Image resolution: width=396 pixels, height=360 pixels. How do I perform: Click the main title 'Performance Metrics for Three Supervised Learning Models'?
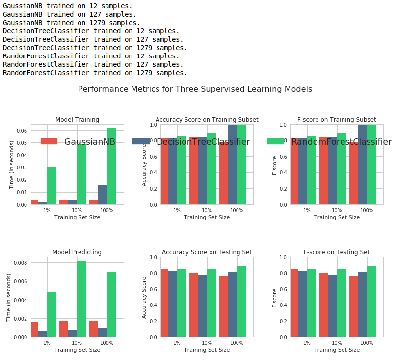point(195,89)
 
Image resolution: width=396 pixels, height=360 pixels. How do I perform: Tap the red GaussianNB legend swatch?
point(49,141)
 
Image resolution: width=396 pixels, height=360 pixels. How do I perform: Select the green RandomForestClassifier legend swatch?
point(276,141)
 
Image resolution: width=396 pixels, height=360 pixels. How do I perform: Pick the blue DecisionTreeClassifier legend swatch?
point(141,141)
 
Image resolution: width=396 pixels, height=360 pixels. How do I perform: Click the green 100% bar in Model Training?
point(111,166)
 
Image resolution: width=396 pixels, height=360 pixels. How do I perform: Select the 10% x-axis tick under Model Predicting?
point(77,343)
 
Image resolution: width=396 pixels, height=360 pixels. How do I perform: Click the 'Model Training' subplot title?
point(77,120)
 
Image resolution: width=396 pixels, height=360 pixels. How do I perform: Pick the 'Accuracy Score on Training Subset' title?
point(207,120)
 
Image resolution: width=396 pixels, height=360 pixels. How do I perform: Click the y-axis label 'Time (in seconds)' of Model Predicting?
point(9,297)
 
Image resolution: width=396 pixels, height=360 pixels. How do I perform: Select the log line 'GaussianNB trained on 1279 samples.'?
point(71,23)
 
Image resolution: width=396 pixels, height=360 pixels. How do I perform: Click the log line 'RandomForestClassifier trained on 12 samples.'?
point(91,56)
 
